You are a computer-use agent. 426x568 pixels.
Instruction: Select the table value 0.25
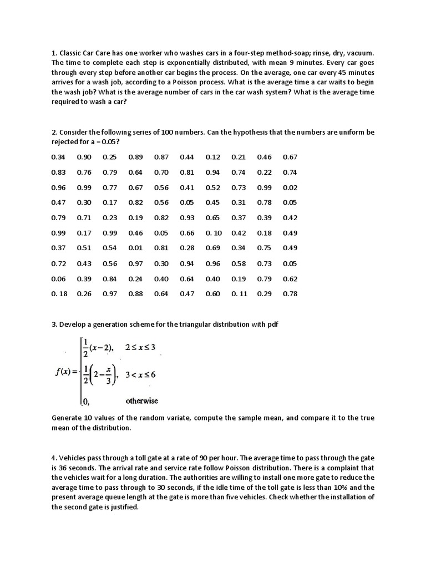[110, 157]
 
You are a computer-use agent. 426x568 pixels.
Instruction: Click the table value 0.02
[290, 187]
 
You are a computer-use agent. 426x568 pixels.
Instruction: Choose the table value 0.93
[187, 218]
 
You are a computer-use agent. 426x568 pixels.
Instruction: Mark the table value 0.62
[290, 278]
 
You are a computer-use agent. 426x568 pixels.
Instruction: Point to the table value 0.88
[135, 293]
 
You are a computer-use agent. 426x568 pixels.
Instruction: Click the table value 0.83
[58, 173]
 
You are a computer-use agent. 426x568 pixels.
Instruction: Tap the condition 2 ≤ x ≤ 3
[141, 347]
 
